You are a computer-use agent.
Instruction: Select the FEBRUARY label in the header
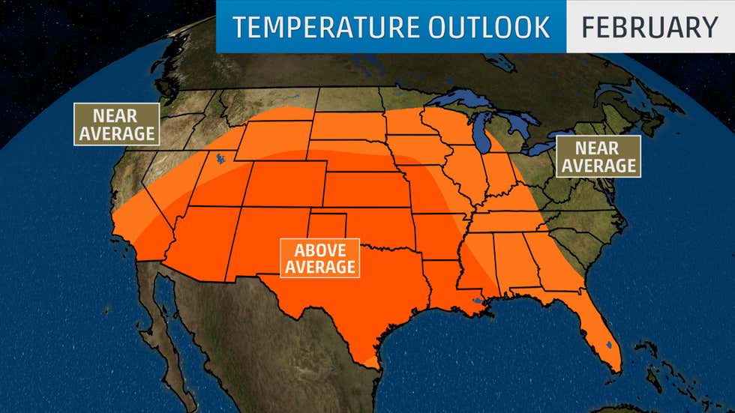[x=649, y=27]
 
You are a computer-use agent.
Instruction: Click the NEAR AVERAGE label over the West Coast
[x=116, y=124]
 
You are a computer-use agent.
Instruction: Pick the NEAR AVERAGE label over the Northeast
[x=598, y=157]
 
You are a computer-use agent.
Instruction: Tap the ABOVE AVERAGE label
[x=319, y=257]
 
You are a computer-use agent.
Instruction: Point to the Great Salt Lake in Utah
[x=218, y=159]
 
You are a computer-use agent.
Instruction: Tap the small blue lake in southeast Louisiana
[x=476, y=302]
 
